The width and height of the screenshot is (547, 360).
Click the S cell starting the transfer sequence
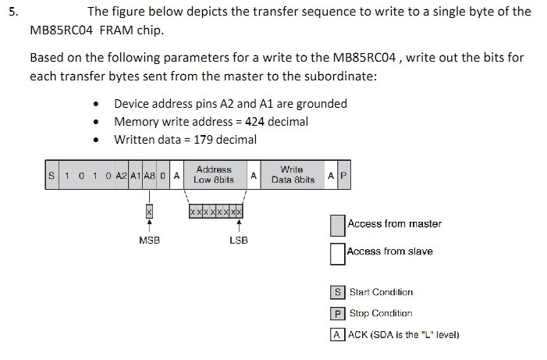click(x=52, y=176)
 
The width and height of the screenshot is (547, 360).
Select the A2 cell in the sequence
click(x=120, y=176)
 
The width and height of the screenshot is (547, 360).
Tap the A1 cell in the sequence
click(x=135, y=176)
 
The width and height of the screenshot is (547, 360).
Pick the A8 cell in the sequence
click(x=150, y=176)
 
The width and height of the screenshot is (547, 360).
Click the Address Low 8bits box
click(x=214, y=175)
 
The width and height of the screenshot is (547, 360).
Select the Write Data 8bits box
click(x=293, y=175)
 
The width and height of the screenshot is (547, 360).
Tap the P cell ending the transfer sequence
click(x=342, y=176)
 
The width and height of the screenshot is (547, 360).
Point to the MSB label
click(x=150, y=241)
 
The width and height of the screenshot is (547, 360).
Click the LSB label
click(x=239, y=241)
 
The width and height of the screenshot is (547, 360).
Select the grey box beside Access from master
click(x=337, y=226)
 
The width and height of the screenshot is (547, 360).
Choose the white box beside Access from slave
click(x=337, y=253)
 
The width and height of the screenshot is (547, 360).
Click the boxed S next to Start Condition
click(x=337, y=293)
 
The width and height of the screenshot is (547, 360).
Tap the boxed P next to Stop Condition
click(x=337, y=314)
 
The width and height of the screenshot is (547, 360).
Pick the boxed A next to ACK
click(x=337, y=335)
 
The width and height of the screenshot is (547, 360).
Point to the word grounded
click(x=319, y=104)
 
